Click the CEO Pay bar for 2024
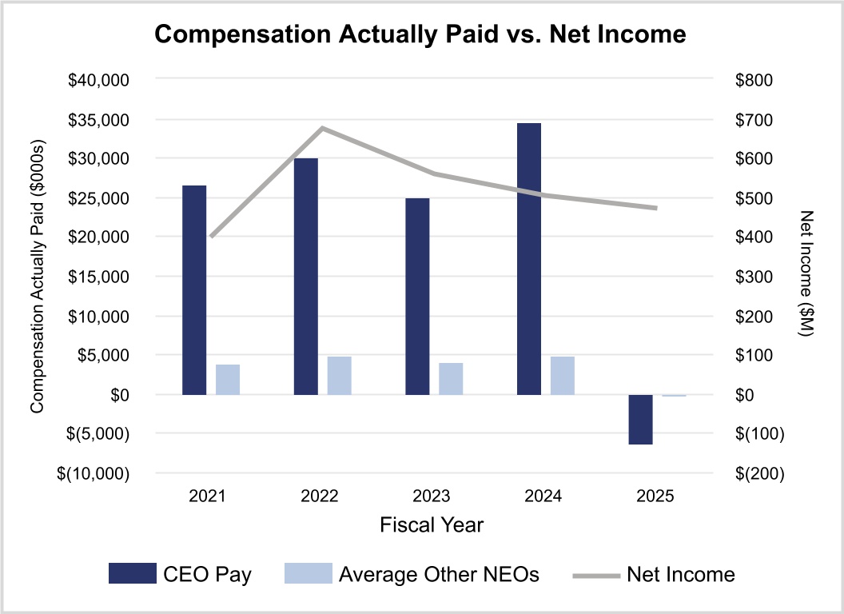pyautogui.click(x=529, y=259)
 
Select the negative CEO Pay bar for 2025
pyautogui.click(x=640, y=419)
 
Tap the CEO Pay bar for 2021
pyautogui.click(x=194, y=290)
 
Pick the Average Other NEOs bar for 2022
pyautogui.click(x=339, y=375)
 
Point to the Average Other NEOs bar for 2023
pyautogui.click(x=451, y=378)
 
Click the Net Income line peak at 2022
pyautogui.click(x=322, y=128)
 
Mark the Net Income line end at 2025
pyautogui.click(x=656, y=208)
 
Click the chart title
pyautogui.click(x=420, y=34)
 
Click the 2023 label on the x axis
pyautogui.click(x=432, y=496)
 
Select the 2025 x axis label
pyautogui.click(x=656, y=496)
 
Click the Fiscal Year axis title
pyautogui.click(x=432, y=525)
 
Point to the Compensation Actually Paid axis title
pyautogui.click(x=36, y=276)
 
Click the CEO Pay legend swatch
pyautogui.click(x=133, y=573)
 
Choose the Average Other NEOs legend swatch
pyautogui.click(x=308, y=573)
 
